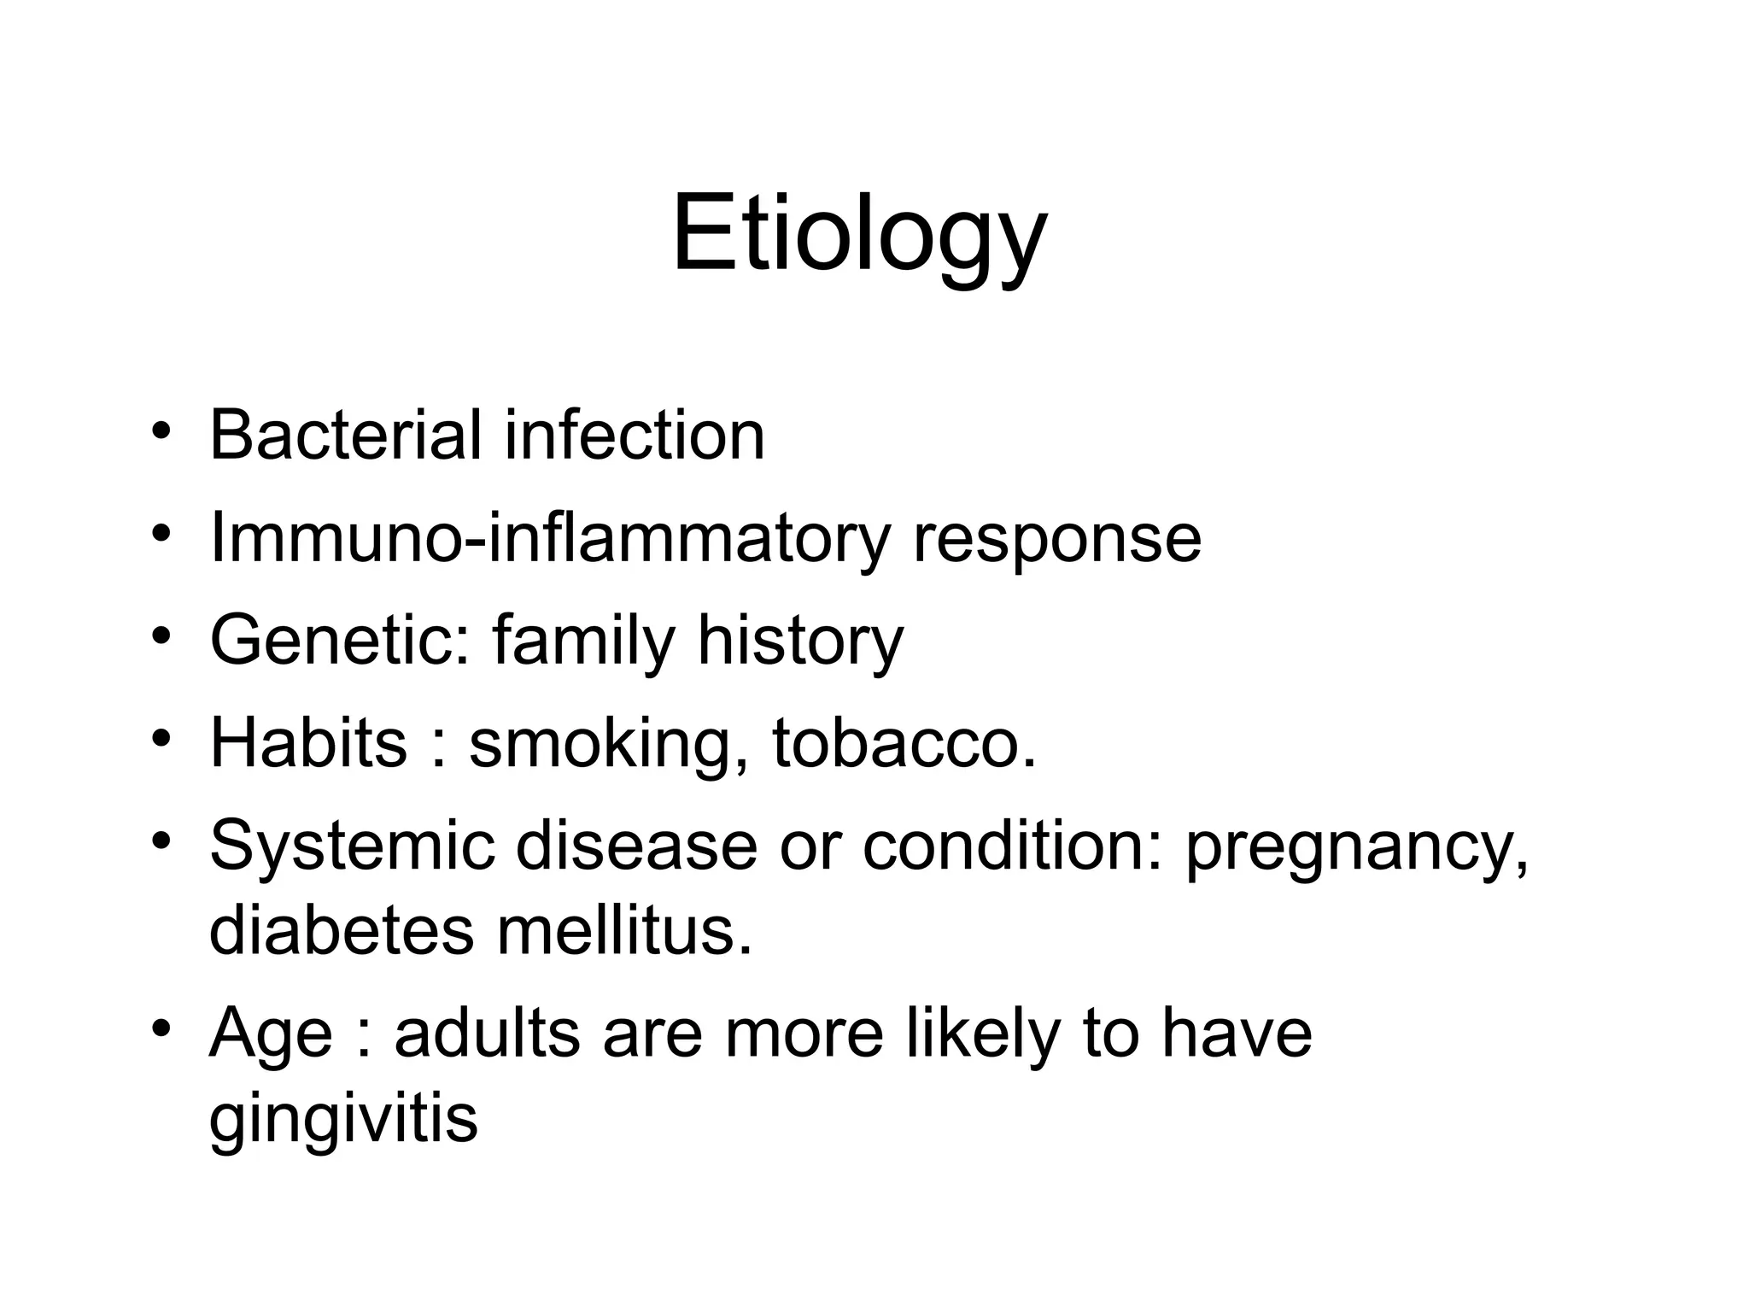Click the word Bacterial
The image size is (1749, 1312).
[x=345, y=435]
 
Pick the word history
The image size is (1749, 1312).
[x=800, y=642]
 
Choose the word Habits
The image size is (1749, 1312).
[x=308, y=742]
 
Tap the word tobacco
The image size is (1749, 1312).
[x=904, y=742]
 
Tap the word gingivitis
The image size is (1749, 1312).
[x=343, y=1119]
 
